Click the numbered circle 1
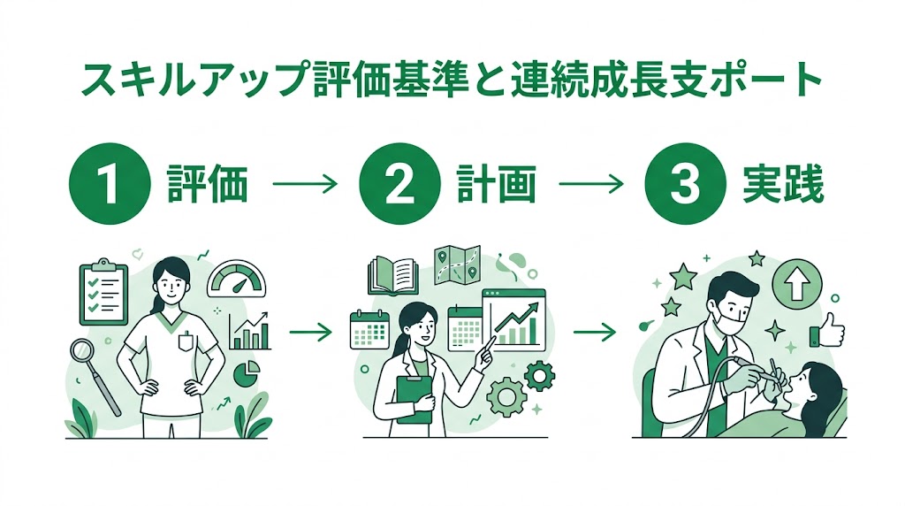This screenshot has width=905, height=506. click(x=107, y=186)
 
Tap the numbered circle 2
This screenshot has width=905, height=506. click(x=397, y=186)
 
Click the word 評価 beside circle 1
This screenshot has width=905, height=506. click(x=207, y=186)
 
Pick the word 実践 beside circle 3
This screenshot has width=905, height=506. click(x=780, y=186)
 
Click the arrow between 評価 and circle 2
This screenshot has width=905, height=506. click(x=305, y=186)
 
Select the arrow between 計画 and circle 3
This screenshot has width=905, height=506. click(x=592, y=186)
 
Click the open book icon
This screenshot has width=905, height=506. click(x=392, y=275)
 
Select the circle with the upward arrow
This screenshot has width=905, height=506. click(x=797, y=285)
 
